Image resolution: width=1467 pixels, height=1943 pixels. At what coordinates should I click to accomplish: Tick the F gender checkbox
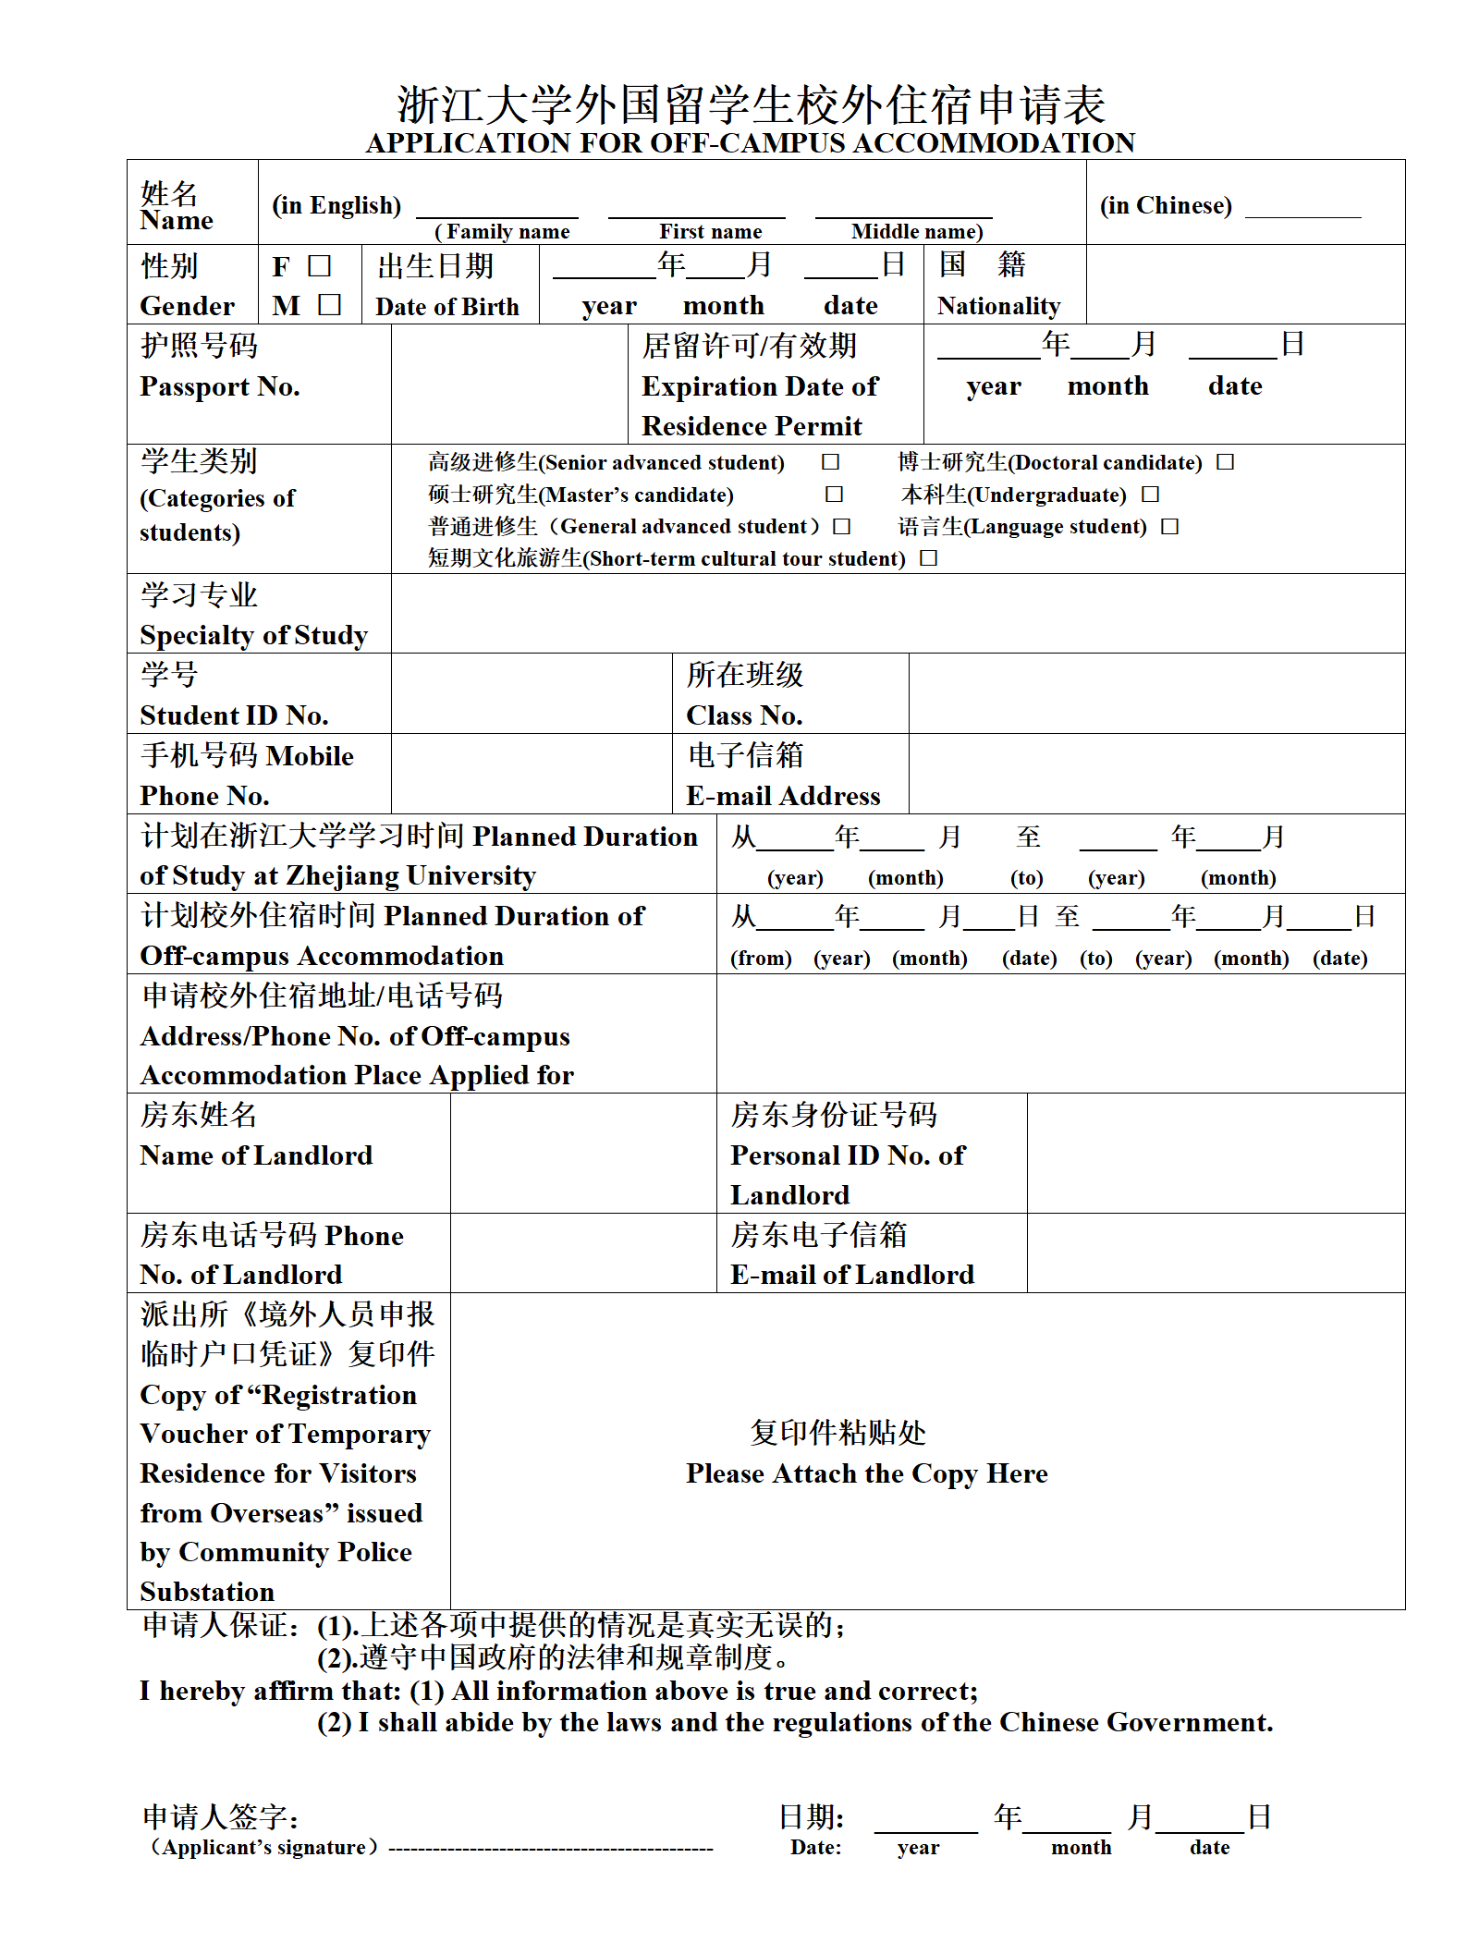(x=319, y=266)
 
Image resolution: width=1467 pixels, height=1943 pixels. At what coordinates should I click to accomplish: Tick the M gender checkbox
(x=329, y=304)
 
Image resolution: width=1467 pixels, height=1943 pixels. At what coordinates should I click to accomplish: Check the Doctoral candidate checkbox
(x=1225, y=461)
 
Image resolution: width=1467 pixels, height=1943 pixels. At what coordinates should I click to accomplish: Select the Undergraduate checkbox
(x=1150, y=495)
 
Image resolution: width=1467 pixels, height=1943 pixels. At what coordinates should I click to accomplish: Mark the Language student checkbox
(x=1169, y=526)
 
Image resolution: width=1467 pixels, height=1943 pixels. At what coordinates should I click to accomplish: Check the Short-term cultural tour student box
(x=928, y=557)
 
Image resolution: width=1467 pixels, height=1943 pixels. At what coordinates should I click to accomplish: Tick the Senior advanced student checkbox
(x=830, y=461)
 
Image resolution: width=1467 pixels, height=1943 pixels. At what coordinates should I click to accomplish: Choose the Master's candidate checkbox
(x=834, y=495)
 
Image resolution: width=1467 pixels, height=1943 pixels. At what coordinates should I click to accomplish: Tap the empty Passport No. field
(x=508, y=384)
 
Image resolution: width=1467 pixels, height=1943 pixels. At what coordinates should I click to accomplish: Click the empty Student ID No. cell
(x=531, y=693)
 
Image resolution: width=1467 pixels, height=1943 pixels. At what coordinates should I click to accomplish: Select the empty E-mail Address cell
(x=1155, y=774)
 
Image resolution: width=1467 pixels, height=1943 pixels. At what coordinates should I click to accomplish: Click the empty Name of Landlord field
(x=582, y=1153)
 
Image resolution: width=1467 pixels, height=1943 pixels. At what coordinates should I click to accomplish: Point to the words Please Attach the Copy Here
(x=866, y=1473)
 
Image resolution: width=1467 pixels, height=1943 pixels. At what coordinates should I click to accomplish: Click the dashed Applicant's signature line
(x=551, y=1848)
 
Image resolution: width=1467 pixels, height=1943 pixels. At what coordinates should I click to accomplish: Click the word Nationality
(x=998, y=306)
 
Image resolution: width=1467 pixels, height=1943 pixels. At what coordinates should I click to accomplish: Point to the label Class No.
(x=744, y=715)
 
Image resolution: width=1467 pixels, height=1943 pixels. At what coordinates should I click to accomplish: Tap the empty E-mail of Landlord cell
(x=1215, y=1253)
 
